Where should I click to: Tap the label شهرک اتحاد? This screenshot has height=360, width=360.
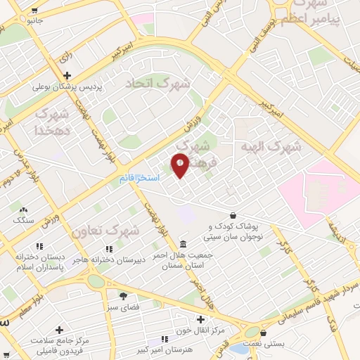point(158,84)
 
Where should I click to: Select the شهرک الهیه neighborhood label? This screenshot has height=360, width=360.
point(271,147)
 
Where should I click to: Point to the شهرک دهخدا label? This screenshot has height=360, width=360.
point(51,122)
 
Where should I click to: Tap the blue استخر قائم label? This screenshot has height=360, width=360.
point(139,179)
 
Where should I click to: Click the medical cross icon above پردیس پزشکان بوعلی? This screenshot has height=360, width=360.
point(67,76)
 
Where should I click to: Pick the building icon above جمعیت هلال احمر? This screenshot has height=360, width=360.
point(184,243)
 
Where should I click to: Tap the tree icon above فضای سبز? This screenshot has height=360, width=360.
point(124,296)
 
